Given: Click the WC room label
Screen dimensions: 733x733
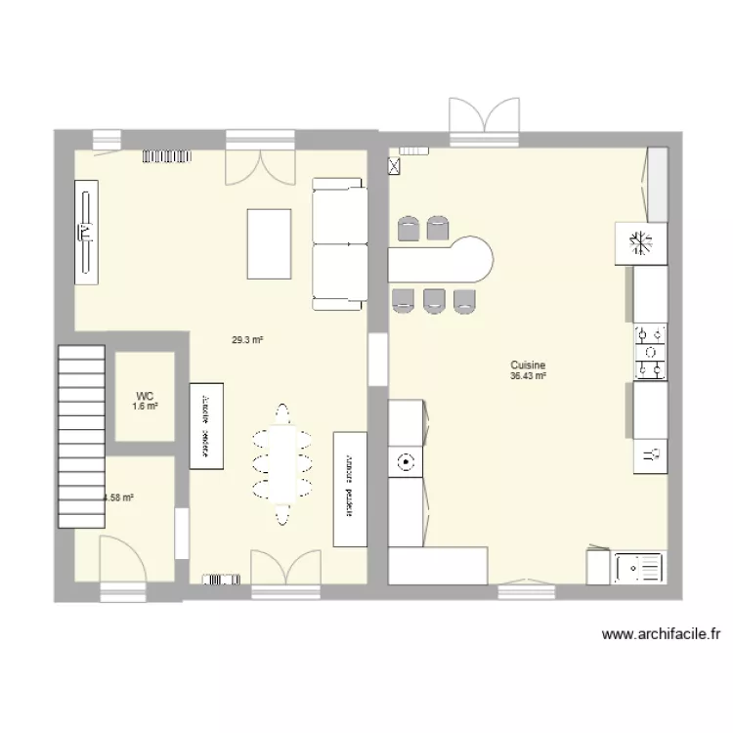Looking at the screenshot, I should pyautogui.click(x=145, y=397).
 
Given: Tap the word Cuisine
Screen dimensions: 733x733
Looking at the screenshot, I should pyautogui.click(x=527, y=363).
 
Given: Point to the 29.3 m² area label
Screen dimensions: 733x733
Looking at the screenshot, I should pyautogui.click(x=247, y=340).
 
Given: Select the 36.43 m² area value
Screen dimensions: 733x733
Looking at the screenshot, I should pyautogui.click(x=527, y=374).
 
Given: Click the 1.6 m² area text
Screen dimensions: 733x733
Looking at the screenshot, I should pyautogui.click(x=145, y=407).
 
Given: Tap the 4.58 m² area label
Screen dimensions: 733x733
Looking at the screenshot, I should pyautogui.click(x=119, y=497).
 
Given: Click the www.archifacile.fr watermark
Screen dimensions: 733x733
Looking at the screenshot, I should pyautogui.click(x=661, y=634).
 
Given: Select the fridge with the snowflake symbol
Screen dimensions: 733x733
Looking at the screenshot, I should pyautogui.click(x=640, y=242).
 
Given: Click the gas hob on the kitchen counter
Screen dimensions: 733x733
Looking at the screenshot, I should pyautogui.click(x=650, y=352).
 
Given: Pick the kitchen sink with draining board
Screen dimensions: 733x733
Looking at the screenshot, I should pyautogui.click(x=639, y=567).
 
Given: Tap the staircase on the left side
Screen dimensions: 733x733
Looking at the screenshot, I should pyautogui.click(x=81, y=435).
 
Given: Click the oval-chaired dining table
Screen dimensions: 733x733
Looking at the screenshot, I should pyautogui.click(x=282, y=461).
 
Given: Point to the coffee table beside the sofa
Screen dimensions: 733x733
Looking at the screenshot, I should pyautogui.click(x=270, y=243).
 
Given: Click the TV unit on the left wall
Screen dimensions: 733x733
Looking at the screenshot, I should pyautogui.click(x=86, y=232).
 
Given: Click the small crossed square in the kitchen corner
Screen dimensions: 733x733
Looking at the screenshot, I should pyautogui.click(x=394, y=166).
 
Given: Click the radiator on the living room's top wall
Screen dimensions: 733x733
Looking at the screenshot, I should pyautogui.click(x=168, y=154).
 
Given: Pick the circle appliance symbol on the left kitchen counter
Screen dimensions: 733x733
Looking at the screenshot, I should pyautogui.click(x=403, y=461).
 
